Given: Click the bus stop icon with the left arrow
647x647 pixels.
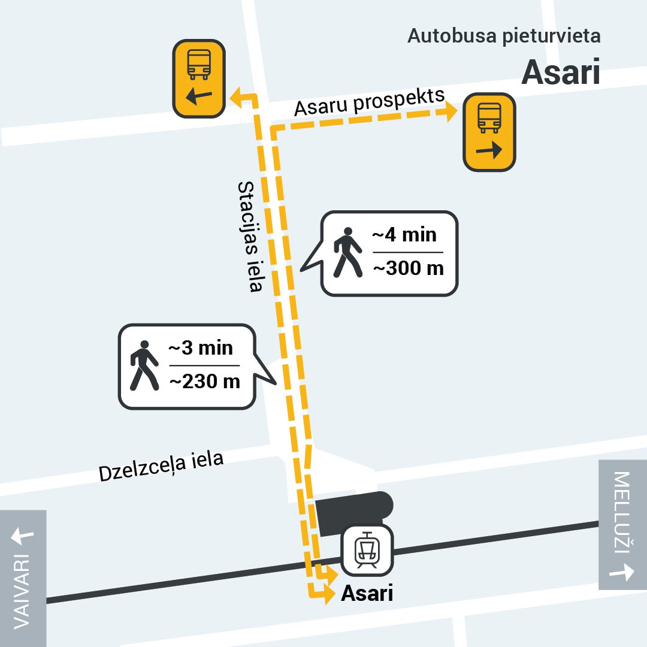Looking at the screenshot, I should click(x=199, y=78).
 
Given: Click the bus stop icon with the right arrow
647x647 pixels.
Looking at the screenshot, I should click(x=489, y=132).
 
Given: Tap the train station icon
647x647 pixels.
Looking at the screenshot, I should click(x=367, y=550).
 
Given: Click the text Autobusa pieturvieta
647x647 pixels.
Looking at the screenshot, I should click(x=504, y=36).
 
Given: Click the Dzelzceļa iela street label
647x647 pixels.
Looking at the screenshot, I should click(x=161, y=466).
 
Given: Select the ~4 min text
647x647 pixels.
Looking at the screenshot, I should click(x=404, y=234).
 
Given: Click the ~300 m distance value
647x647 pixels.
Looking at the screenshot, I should click(x=408, y=268).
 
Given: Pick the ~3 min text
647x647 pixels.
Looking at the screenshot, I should click(x=201, y=347).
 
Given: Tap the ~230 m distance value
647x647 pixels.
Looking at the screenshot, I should click(x=204, y=381).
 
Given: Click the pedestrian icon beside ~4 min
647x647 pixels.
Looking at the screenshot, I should click(x=347, y=252).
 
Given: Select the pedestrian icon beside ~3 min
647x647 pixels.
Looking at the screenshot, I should click(x=144, y=365).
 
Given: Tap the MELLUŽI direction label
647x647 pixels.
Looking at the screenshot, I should click(x=623, y=509).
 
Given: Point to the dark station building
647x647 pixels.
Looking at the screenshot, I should click(x=353, y=512).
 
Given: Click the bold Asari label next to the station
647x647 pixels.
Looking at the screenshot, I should click(x=367, y=593).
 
